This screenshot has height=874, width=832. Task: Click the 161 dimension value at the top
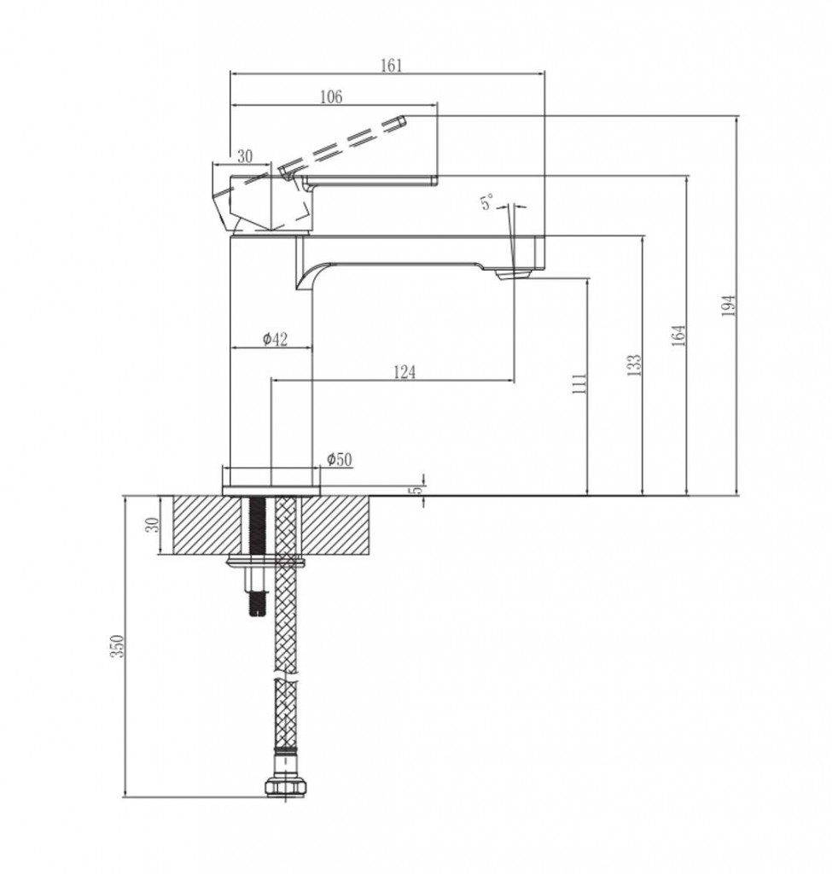[391, 65]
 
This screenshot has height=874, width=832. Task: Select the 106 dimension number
[331, 97]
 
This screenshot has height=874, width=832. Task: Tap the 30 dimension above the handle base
[245, 157]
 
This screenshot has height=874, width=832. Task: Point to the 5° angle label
[486, 201]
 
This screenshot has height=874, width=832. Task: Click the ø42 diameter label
[276, 339]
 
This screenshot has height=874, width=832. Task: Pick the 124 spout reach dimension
[404, 372]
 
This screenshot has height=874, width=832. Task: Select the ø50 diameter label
[340, 459]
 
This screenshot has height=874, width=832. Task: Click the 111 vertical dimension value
[579, 383]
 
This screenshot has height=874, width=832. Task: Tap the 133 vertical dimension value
[635, 365]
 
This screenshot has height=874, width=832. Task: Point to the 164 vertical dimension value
[678, 335]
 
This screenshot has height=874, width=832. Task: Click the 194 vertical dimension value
[729, 306]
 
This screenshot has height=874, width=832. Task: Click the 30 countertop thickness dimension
[152, 525]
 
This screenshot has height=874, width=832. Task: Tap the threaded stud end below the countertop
[256, 605]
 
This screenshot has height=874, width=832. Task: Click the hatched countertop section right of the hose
[335, 525]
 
